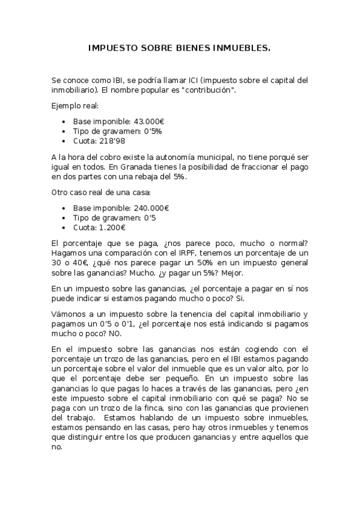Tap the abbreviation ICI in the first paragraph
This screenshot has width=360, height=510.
(193, 80)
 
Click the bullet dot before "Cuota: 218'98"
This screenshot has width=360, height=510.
(65, 141)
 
